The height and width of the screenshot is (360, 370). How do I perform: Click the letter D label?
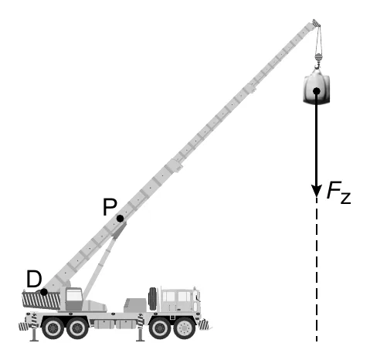[x=34, y=279]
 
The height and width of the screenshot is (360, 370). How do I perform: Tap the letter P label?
[x=110, y=207]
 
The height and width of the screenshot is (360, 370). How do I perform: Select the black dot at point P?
[x=120, y=219]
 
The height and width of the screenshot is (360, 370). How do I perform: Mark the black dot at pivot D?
[x=44, y=292]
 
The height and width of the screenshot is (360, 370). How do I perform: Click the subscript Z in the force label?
[x=345, y=198]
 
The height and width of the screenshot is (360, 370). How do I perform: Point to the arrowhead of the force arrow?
[x=317, y=191]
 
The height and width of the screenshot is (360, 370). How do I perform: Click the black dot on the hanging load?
[x=317, y=91]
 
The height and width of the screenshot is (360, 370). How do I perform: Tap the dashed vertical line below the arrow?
[x=317, y=270]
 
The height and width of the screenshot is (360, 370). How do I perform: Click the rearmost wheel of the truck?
[x=53, y=328]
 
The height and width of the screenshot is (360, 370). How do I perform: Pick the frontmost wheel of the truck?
[x=185, y=328]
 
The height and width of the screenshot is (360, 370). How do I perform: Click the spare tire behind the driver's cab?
[x=153, y=298]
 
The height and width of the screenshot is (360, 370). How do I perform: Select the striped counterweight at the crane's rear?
[x=41, y=300]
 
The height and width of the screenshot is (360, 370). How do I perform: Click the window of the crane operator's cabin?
[x=74, y=295]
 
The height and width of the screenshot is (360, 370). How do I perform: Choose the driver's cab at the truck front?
[x=180, y=300]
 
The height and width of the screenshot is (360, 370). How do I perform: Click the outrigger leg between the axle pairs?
[x=141, y=328]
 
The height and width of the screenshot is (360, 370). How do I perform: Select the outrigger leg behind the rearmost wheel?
[x=33, y=328]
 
